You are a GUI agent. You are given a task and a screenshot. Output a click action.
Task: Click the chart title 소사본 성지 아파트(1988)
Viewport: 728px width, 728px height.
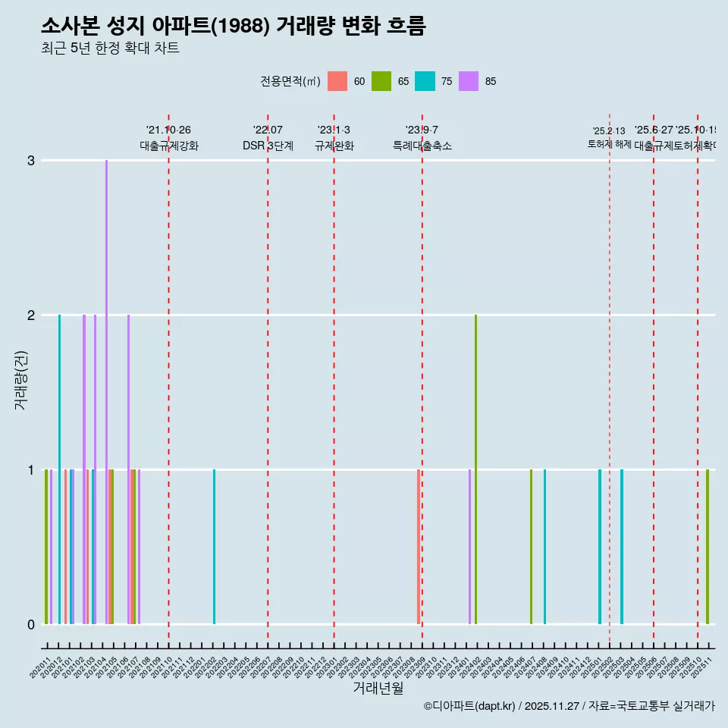click(233, 26)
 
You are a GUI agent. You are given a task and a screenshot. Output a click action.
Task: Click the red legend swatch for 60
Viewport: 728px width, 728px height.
click(337, 81)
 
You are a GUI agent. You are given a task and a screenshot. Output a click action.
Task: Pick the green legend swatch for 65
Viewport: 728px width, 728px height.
click(381, 81)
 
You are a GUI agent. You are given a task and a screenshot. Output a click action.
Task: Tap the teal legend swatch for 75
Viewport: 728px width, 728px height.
click(425, 81)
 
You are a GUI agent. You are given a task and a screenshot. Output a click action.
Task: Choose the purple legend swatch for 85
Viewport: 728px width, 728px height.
click(469, 81)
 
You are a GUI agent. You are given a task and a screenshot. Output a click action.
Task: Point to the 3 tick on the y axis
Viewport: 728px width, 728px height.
click(30, 161)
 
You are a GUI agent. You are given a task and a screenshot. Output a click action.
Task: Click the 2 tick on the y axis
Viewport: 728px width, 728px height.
click(30, 315)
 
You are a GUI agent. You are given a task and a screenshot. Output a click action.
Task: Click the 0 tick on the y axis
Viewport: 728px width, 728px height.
click(30, 625)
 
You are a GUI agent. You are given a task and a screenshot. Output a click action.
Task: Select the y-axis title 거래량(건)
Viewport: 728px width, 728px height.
click(20, 380)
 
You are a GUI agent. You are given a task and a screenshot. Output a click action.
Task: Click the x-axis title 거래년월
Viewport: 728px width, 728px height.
click(378, 688)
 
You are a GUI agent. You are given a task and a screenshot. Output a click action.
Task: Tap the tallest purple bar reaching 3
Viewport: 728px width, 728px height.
click(106, 391)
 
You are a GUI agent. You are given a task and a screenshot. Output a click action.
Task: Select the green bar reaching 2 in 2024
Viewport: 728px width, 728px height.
click(475, 469)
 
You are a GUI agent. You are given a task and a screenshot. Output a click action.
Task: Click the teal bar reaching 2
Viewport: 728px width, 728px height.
click(59, 469)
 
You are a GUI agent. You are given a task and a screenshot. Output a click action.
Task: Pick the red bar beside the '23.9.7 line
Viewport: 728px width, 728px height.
click(418, 546)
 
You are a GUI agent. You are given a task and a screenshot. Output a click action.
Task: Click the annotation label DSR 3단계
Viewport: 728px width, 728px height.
click(268, 146)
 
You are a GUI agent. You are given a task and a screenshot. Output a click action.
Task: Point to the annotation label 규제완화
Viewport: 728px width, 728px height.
click(334, 146)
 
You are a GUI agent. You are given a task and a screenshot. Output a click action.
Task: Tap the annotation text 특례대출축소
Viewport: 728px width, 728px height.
click(422, 146)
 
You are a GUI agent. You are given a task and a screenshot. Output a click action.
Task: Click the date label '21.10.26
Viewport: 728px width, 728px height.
click(168, 130)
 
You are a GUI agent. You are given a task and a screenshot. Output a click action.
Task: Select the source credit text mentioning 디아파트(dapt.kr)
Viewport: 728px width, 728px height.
click(569, 706)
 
